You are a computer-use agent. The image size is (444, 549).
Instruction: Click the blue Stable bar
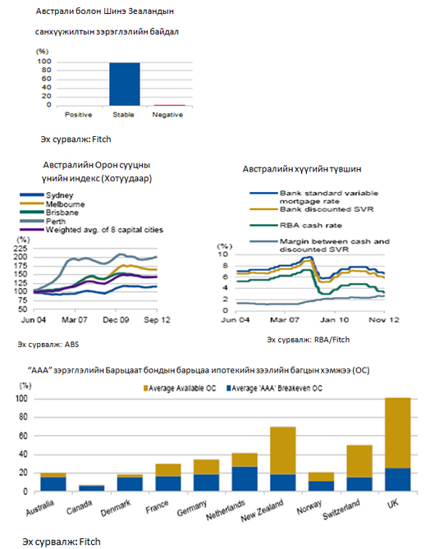[124, 84]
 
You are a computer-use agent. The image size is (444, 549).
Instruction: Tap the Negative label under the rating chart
[167, 115]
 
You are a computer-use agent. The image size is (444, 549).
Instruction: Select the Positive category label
[79, 115]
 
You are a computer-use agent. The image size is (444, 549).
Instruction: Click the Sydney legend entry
[47, 195]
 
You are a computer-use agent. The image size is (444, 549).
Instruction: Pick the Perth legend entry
[43, 222]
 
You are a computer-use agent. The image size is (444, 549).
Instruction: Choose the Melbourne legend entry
[53, 204]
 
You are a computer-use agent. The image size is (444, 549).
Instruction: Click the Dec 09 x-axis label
[116, 320]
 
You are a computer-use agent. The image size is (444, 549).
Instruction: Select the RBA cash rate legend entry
[296, 225]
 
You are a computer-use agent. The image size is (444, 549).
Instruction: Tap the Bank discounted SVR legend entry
[312, 209]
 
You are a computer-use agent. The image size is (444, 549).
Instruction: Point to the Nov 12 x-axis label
[384, 320]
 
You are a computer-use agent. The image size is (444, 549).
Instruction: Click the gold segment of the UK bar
[398, 433]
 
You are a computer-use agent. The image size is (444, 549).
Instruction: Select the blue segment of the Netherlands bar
[245, 478]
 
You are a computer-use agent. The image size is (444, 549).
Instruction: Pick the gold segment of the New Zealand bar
[283, 451]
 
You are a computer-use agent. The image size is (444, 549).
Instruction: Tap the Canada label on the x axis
[80, 507]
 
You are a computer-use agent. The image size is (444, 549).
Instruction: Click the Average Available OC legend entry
[180, 388]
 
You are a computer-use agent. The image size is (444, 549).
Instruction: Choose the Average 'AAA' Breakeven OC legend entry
[274, 388]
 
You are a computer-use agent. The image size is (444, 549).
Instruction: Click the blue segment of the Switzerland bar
[359, 484]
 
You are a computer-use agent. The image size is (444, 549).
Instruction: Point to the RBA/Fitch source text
[308, 340]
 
